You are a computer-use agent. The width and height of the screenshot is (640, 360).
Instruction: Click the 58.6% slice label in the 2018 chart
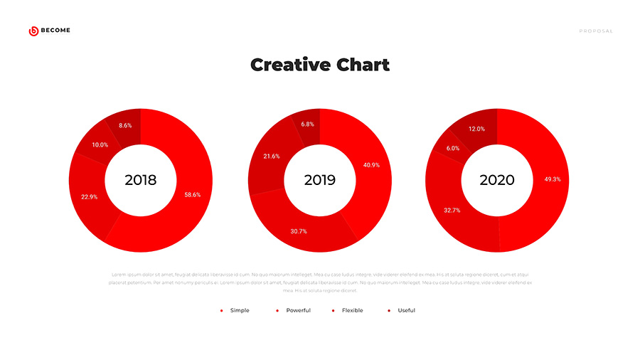192,194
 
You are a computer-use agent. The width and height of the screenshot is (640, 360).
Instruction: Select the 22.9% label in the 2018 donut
89,196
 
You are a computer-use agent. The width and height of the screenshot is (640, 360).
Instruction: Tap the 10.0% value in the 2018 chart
100,144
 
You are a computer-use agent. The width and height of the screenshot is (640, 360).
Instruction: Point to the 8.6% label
125,125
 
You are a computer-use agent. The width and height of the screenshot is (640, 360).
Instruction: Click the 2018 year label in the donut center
140,181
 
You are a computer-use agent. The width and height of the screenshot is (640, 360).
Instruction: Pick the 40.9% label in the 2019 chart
371,165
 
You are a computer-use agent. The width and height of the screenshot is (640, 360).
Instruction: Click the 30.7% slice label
299,231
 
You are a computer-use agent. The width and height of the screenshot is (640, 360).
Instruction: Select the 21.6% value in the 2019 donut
272,156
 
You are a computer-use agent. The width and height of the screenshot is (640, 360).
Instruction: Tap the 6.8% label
307,124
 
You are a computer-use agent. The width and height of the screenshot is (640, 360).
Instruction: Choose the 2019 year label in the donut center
319,181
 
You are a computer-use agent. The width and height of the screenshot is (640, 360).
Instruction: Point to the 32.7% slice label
452,211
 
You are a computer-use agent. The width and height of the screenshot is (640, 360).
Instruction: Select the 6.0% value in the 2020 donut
452,148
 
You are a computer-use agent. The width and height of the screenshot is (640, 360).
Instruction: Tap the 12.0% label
476,129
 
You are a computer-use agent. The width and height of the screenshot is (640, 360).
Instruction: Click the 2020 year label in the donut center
497,181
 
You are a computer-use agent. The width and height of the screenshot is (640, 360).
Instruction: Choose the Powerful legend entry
298,310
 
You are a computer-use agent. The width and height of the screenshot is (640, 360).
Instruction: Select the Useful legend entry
406,310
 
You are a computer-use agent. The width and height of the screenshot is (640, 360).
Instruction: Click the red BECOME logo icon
33,31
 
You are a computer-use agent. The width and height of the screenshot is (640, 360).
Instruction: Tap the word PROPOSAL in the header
596,31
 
